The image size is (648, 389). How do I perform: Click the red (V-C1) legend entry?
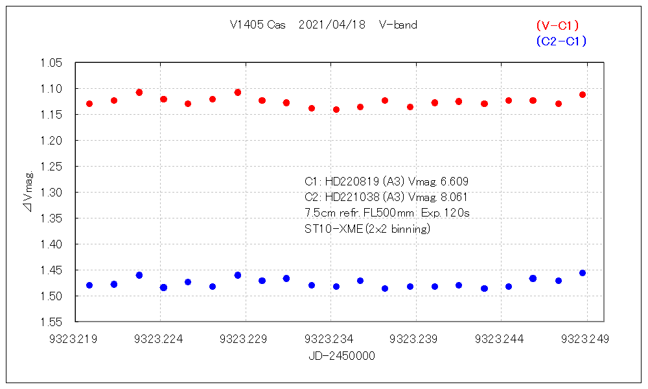point(557,25)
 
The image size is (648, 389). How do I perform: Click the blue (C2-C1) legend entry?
point(561,41)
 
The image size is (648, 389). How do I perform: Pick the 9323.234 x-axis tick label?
point(331,338)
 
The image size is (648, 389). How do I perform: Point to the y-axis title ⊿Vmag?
point(29,192)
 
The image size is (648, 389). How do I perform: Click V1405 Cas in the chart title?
point(258,25)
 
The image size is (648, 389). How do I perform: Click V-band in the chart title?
point(399,25)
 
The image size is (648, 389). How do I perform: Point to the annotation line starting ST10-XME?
point(367,228)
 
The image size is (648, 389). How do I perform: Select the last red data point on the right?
point(583,95)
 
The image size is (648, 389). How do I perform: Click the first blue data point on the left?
point(89,285)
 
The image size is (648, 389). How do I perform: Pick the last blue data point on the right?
point(583,273)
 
